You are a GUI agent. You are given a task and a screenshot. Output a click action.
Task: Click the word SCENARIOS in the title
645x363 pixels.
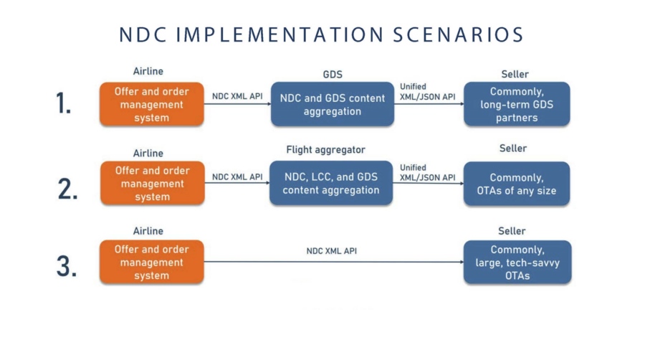coord(458,34)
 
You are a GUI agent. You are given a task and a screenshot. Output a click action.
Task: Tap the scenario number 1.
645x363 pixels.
coord(63,103)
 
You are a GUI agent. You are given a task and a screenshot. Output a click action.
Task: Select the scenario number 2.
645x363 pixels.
coord(68,189)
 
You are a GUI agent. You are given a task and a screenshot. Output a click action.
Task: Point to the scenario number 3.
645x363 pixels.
coord(67,266)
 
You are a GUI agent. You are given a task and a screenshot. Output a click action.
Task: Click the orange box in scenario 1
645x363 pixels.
coord(152,104)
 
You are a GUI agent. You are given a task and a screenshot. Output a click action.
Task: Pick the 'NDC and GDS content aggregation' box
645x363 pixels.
coord(333,104)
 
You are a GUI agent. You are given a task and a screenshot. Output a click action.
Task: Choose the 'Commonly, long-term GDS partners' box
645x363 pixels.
coord(517,104)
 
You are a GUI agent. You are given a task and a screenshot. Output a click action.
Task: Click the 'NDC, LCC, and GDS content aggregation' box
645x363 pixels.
coord(331,183)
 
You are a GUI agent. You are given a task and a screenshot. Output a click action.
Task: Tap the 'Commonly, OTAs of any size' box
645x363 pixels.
coord(517,184)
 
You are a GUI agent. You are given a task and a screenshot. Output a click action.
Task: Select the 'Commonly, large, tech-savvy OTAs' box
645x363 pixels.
coord(517,262)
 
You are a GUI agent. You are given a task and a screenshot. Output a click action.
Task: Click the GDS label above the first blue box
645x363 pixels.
coord(333,75)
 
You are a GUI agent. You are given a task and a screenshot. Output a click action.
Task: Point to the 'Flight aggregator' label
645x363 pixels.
coord(326,150)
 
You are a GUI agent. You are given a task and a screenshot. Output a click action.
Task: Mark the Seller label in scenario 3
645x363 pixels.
coord(512,231)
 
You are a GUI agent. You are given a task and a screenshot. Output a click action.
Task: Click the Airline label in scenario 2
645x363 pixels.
coord(148,154)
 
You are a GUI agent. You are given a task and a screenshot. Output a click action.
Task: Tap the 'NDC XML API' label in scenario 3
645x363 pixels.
coord(332,251)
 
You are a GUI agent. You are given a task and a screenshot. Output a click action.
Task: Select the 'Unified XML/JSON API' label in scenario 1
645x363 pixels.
coord(427,92)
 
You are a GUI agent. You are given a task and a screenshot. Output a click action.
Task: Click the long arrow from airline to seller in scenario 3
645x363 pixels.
coord(333,262)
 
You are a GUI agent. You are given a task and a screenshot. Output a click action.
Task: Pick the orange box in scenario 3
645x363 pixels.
coord(152,262)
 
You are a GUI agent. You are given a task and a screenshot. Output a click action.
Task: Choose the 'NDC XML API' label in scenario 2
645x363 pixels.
coord(237,177)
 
